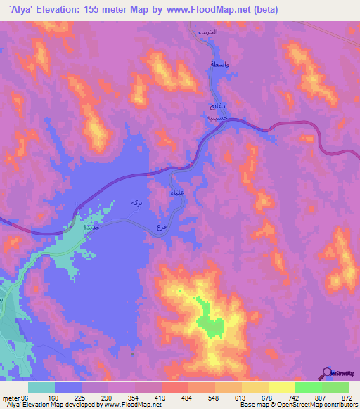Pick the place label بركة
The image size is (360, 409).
(x=136, y=202)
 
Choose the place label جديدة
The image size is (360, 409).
(x=91, y=228)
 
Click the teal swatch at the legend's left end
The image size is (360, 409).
(x=41, y=387)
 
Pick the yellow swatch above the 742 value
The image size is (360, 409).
(x=281, y=387)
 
